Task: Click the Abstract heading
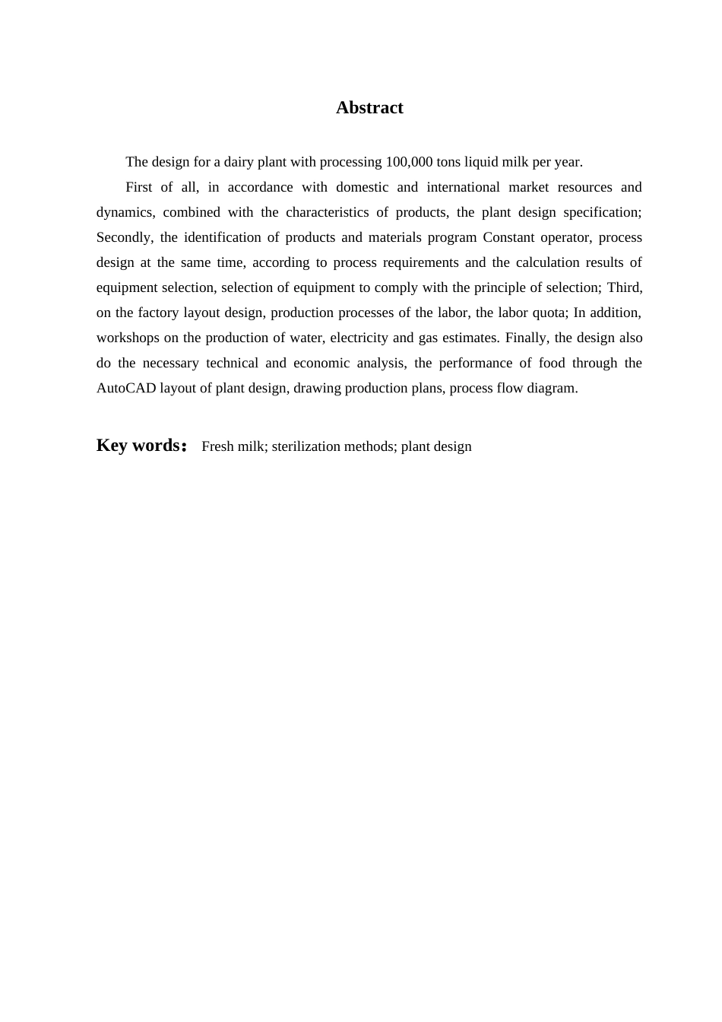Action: pos(369,108)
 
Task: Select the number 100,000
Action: pos(410,162)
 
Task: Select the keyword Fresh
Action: pos(217,446)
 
